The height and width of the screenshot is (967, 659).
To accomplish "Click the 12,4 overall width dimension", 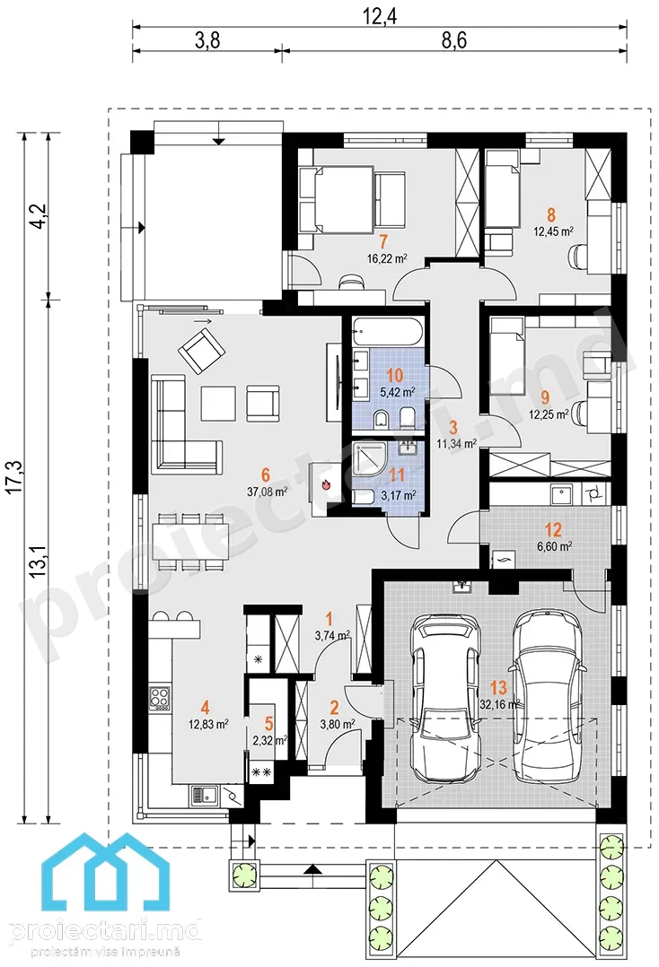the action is pos(379,16).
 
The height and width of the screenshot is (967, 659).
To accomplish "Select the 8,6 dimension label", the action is pos(453,40).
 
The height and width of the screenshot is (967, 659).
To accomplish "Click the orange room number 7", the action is pos(383,240).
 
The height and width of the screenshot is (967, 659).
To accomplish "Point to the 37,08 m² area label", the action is pos(268,492).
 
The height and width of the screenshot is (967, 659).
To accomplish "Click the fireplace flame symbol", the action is pos(327,484).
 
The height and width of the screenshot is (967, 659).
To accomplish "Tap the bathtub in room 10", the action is pos(388,333).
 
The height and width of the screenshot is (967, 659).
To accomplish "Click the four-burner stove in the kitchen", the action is pos(160,699).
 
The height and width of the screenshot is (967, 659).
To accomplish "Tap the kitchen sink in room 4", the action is pos(205,796).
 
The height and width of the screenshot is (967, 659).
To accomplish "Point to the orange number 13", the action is pos(498,687).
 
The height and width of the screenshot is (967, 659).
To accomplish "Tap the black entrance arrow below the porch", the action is pos(313,869).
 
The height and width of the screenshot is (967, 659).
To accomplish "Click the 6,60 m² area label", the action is pos(555,545).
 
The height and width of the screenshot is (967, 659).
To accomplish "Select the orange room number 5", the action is pos(268,724).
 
